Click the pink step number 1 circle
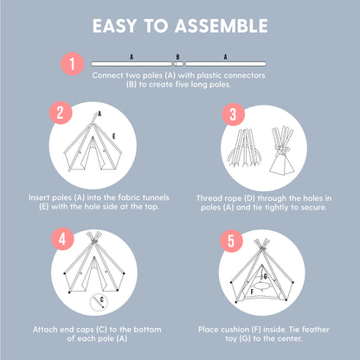(72, 64)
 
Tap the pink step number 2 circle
(61, 112)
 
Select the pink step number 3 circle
(233, 114)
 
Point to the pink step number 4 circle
(62, 239)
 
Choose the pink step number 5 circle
(231, 241)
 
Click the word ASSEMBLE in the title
(222, 26)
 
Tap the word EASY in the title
(115, 26)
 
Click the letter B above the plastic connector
(177, 57)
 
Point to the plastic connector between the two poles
(178, 64)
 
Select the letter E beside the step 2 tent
(114, 136)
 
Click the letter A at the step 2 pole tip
(100, 114)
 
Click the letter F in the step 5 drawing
(252, 292)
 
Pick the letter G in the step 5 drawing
(266, 277)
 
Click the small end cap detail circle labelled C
(99, 303)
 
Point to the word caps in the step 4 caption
(85, 330)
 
